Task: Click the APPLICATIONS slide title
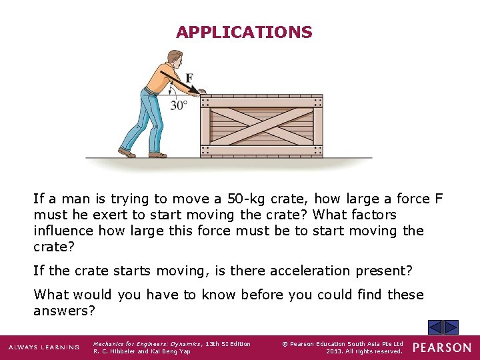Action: [x=244, y=32]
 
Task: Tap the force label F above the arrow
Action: [x=189, y=79]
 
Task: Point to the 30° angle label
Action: [x=179, y=105]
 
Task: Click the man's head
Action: [x=175, y=58]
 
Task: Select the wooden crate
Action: [x=261, y=125]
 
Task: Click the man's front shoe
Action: [x=157, y=155]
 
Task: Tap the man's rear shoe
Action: [x=126, y=153]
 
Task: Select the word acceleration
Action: [x=302, y=271]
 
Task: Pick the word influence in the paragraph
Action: [x=64, y=231]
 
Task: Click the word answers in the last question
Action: [x=64, y=311]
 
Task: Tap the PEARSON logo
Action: [x=441, y=347]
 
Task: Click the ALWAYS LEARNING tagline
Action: [x=43, y=347]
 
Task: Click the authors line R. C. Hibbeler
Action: [x=141, y=351]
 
